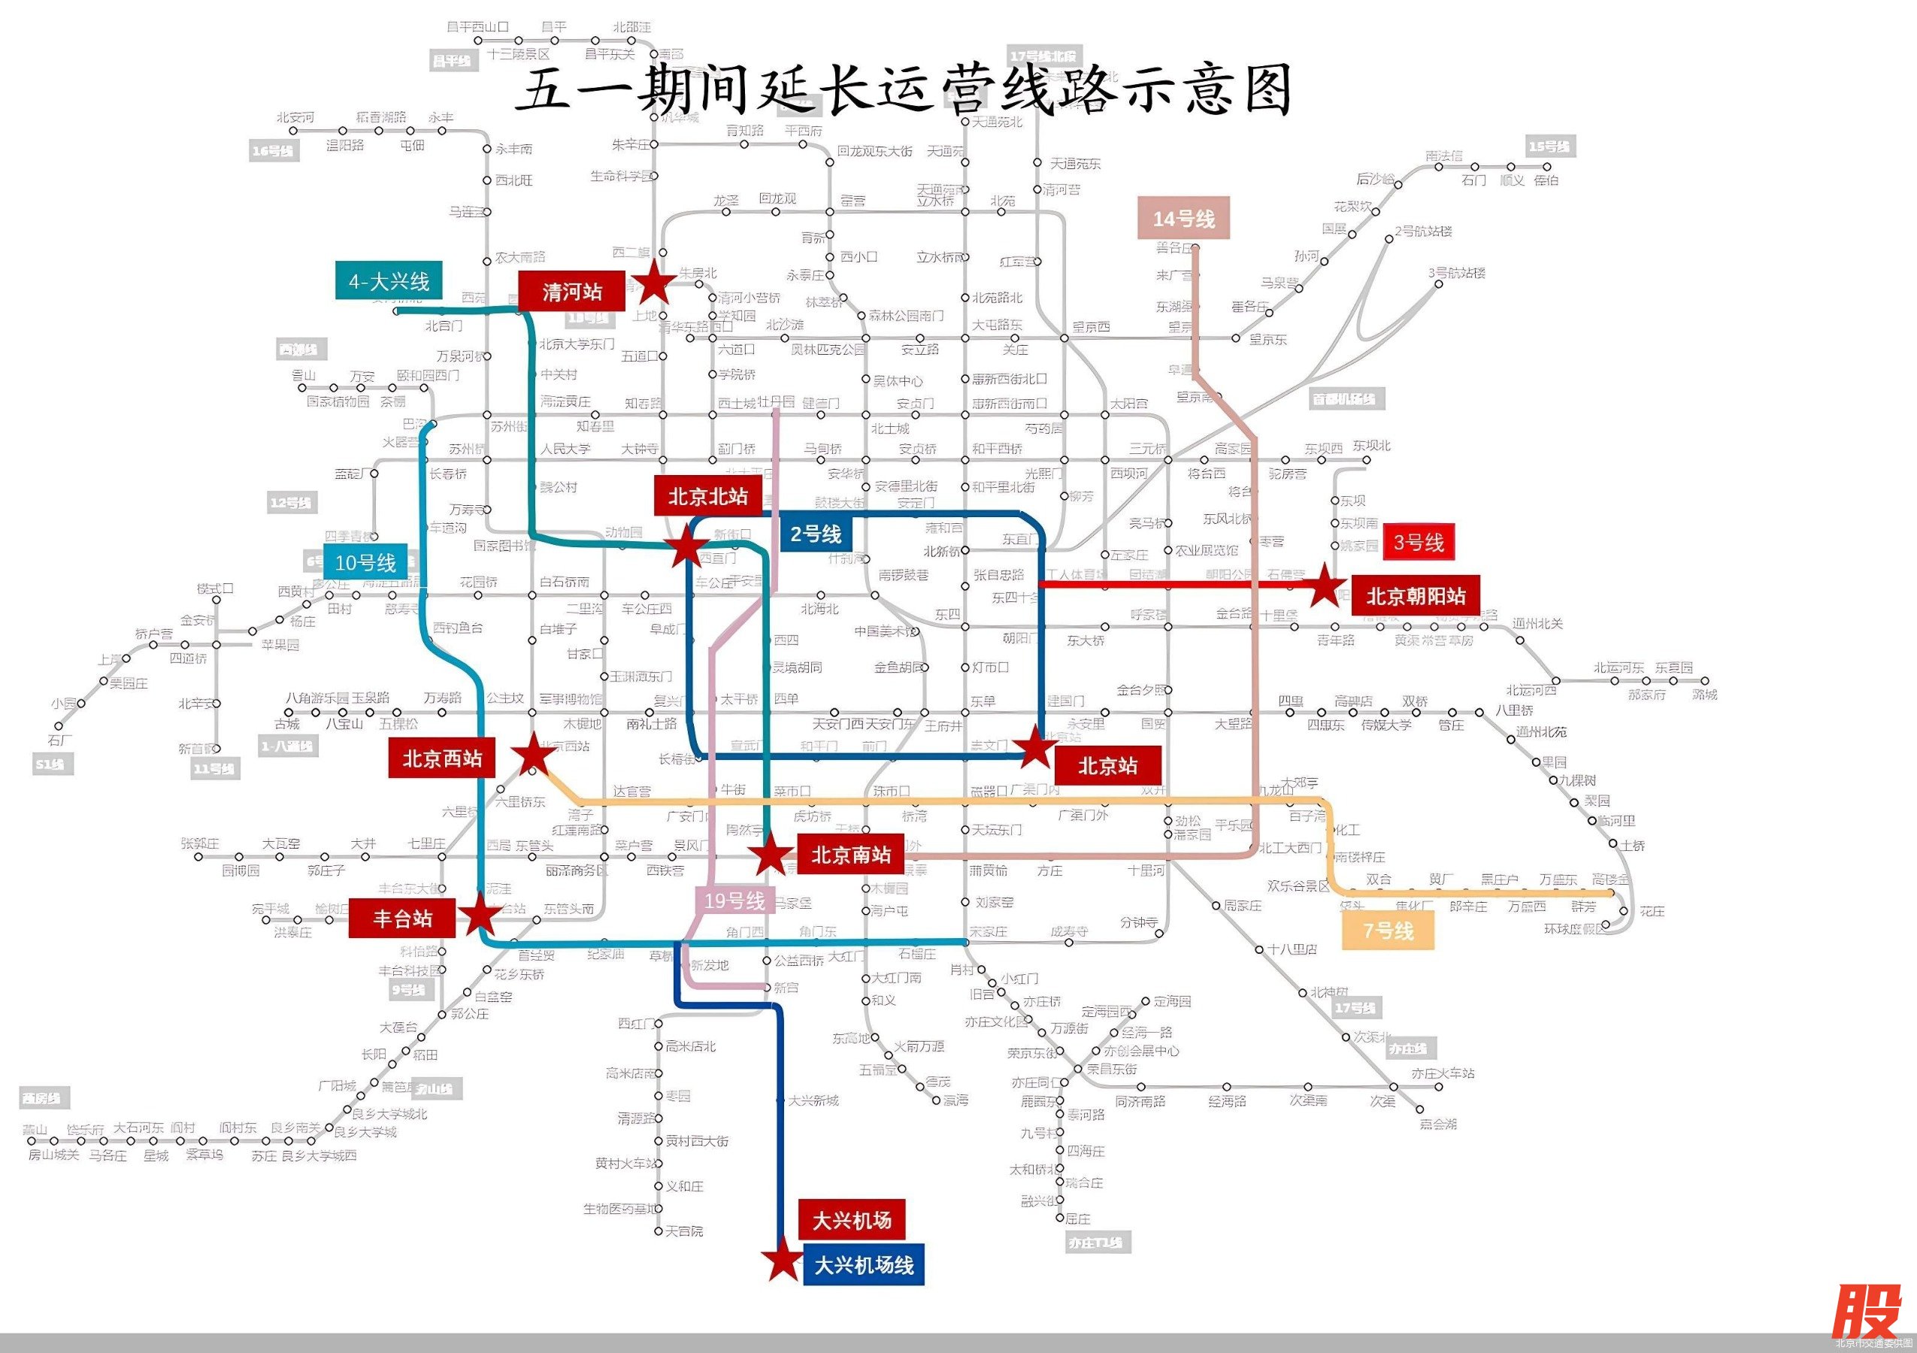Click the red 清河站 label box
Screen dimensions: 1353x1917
point(571,292)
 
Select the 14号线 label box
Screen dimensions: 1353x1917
point(1183,219)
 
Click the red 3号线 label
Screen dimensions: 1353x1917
point(1419,543)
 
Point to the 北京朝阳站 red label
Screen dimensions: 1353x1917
point(1416,596)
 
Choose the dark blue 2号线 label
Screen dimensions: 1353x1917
point(816,534)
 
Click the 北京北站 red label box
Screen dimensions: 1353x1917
point(707,497)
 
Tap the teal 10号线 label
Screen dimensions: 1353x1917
point(365,562)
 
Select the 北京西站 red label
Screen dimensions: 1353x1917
point(442,758)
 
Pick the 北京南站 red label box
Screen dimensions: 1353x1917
point(850,854)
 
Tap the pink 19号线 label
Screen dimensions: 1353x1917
point(734,900)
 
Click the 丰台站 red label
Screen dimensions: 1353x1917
point(402,918)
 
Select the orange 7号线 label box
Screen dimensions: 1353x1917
point(1388,930)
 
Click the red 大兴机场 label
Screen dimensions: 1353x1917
point(852,1220)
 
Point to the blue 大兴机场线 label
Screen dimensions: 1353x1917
point(863,1264)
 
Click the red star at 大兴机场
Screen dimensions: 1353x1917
point(783,1260)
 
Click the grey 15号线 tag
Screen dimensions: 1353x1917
point(1549,147)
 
